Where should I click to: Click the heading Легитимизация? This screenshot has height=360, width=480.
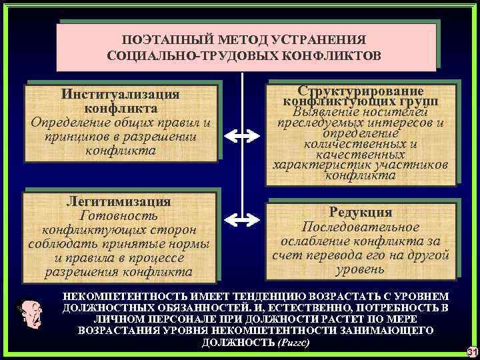coord(119,201)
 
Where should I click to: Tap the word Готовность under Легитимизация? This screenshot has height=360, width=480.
coord(119,216)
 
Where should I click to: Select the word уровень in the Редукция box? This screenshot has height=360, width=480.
coord(361,269)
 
